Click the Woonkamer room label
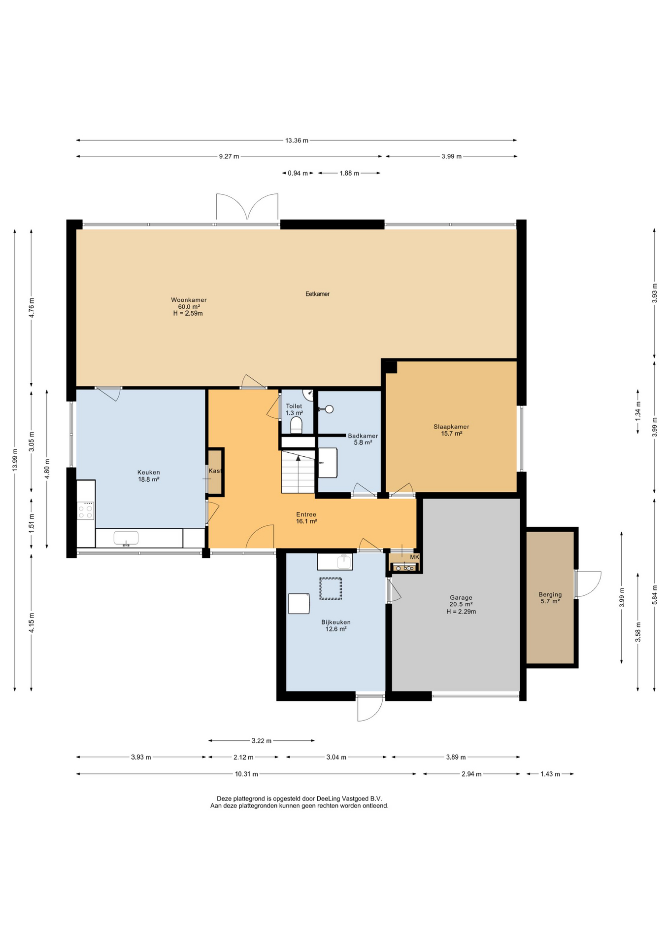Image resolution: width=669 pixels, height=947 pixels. (189, 300)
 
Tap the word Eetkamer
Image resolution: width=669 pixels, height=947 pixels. (317, 294)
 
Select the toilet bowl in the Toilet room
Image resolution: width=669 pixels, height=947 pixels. (296, 425)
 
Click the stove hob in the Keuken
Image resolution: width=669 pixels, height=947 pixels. (86, 510)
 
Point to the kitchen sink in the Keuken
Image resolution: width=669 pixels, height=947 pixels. (126, 538)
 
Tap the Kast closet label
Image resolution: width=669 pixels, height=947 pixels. (215, 471)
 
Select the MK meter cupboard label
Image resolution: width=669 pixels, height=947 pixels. (414, 557)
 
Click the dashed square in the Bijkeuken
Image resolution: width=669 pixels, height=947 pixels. (331, 588)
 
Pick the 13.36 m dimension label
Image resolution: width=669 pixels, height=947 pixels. (297, 141)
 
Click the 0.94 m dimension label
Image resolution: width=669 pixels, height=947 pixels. (298, 173)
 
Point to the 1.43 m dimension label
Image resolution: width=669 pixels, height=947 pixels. (550, 774)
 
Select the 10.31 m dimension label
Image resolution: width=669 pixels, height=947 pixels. (246, 774)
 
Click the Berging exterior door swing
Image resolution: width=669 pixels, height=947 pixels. (588, 584)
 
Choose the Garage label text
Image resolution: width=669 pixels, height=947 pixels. (461, 598)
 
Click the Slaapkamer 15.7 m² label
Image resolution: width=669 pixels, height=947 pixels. (451, 430)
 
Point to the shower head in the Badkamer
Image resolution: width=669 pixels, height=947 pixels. (326, 409)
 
